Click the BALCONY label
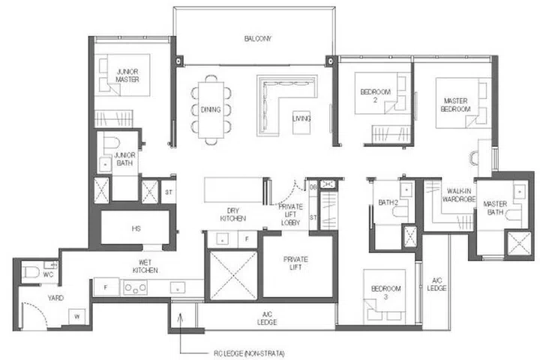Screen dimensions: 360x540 256,38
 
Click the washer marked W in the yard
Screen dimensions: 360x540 76,316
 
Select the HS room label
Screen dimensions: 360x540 136,227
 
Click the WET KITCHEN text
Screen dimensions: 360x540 145,265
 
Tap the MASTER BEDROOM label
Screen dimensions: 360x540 456,105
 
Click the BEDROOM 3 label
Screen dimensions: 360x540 386,292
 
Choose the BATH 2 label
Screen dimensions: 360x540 388,202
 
